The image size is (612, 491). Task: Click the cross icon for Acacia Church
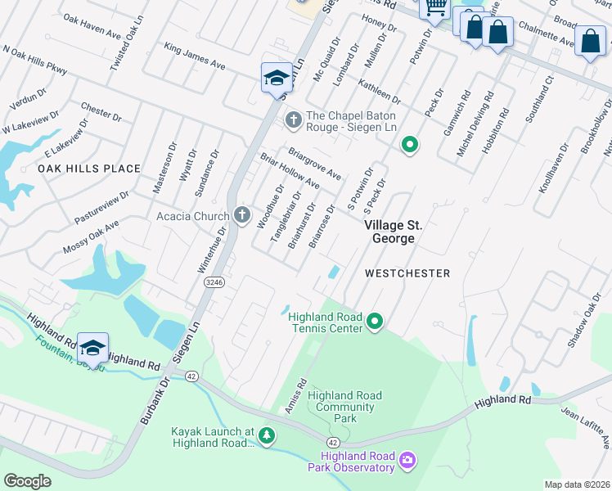pyautogui.click(x=241, y=215)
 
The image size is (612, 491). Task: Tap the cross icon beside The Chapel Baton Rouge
pyautogui.click(x=293, y=121)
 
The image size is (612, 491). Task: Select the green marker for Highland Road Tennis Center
pyautogui.click(x=375, y=320)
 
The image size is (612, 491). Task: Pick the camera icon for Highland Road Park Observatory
pyautogui.click(x=407, y=462)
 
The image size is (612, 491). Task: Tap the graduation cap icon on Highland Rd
pyautogui.click(x=92, y=347)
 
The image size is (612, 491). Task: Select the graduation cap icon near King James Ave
pyautogui.click(x=277, y=77)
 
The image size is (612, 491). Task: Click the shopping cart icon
pyautogui.click(x=434, y=7)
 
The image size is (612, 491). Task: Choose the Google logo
pyautogui.click(x=27, y=480)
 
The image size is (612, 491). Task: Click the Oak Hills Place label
pyautogui.click(x=89, y=169)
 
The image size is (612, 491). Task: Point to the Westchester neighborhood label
pyautogui.click(x=407, y=273)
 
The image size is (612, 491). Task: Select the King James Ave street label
pyautogui.click(x=194, y=56)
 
